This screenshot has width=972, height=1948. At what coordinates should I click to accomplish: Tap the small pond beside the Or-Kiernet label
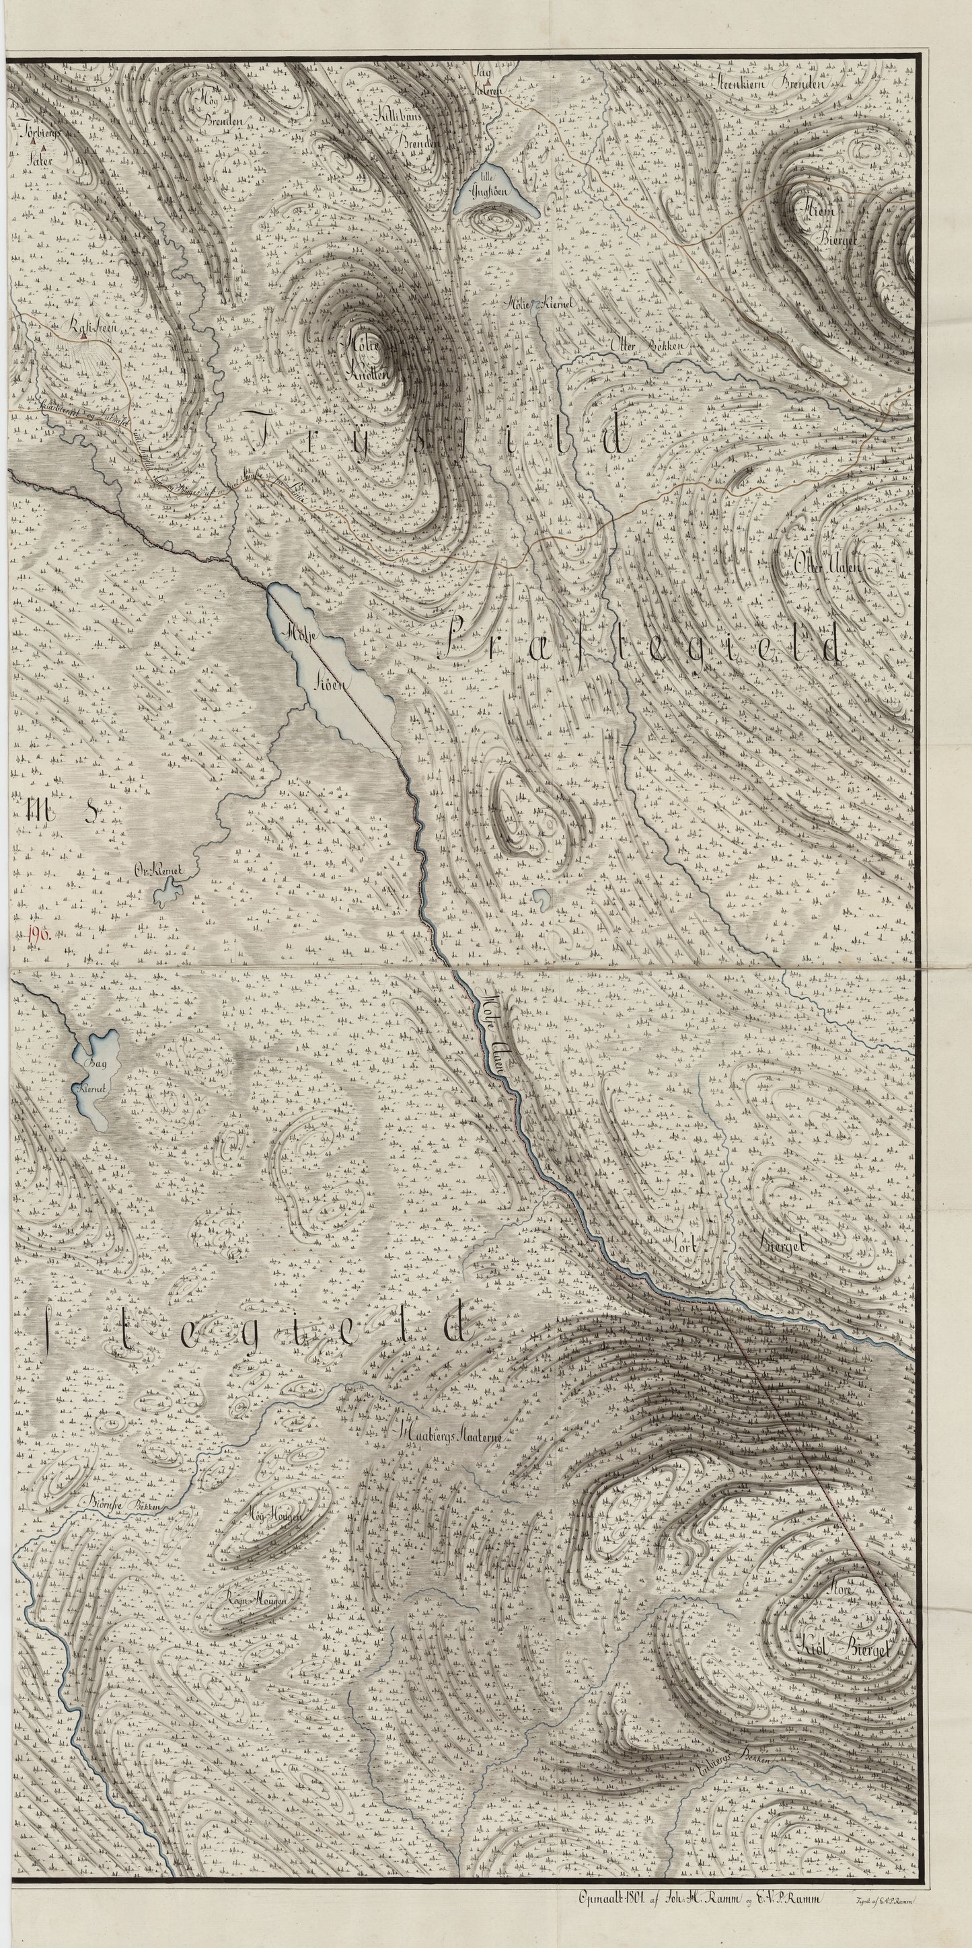coord(163,897)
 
